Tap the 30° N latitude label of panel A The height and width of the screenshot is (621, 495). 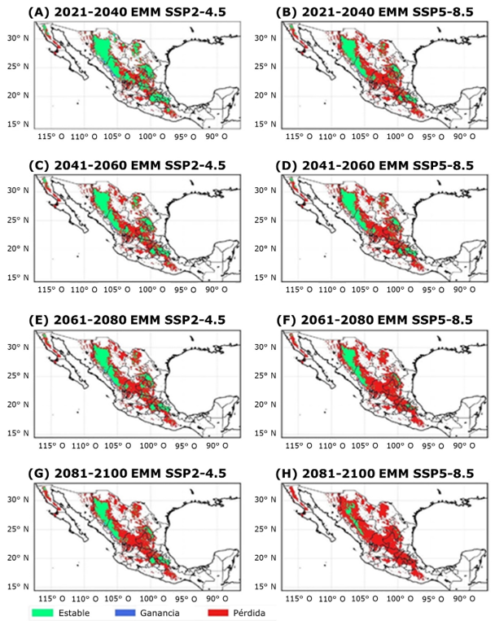20,38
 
